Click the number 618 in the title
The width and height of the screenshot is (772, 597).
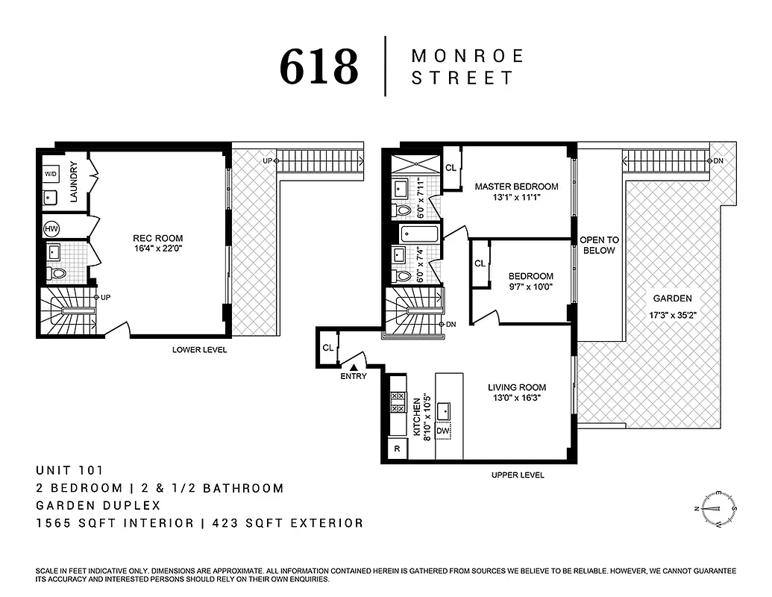(318, 67)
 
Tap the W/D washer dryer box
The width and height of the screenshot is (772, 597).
(51, 174)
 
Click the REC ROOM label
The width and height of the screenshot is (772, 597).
(158, 239)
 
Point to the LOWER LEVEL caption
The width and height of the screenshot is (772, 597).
(199, 350)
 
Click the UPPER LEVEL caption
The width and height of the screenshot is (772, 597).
(517, 475)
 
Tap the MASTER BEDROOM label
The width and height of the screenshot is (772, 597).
(516, 187)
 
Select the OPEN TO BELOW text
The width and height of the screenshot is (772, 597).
(599, 246)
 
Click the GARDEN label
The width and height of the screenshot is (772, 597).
(674, 298)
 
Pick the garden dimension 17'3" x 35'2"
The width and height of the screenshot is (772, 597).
(674, 314)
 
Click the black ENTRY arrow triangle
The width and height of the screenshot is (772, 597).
(355, 366)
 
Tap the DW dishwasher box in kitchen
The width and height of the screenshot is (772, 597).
(442, 431)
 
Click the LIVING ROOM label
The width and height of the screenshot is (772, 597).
(517, 387)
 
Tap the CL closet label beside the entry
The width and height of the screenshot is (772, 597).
(327, 348)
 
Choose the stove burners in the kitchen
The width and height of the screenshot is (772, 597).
(398, 404)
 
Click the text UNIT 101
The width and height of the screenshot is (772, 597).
(69, 470)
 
